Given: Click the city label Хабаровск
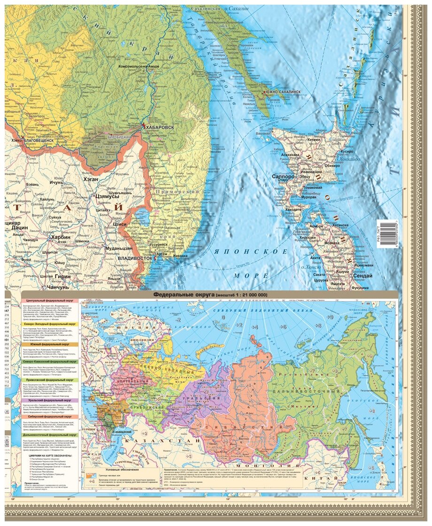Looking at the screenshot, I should tap(159, 127).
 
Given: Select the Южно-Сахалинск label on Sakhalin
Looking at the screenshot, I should tap(283, 93).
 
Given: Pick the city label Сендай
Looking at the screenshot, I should tap(362, 275).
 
